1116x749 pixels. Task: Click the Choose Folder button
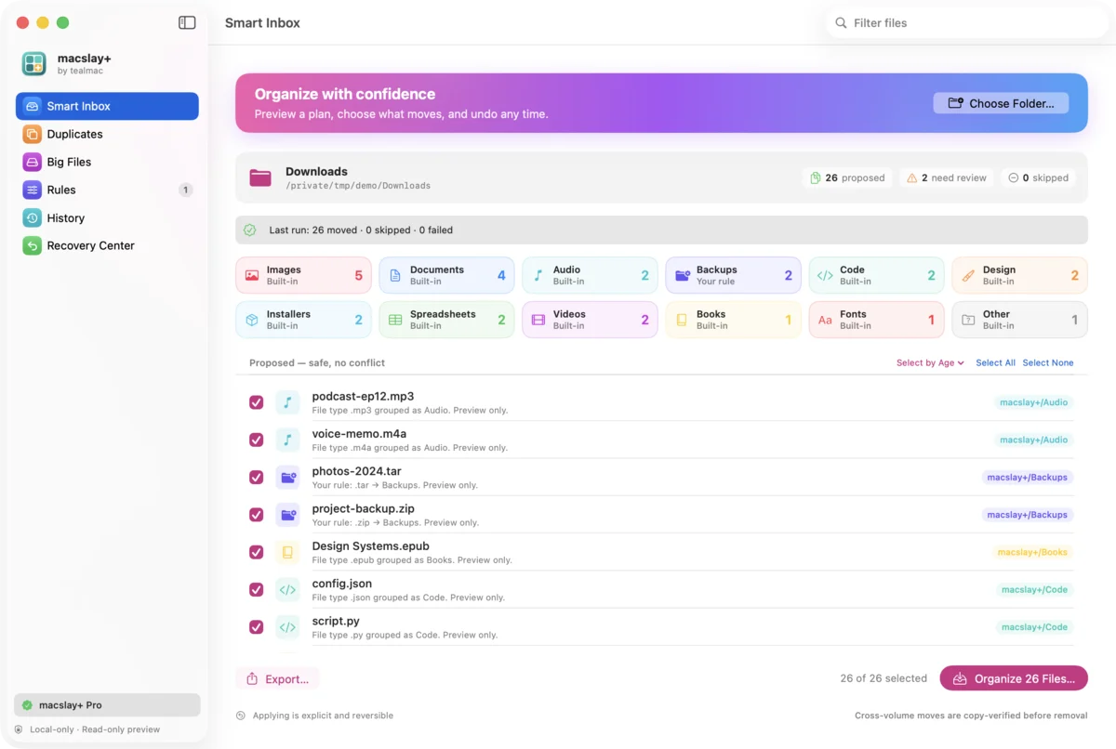coord(1001,103)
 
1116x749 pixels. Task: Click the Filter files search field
coord(966,23)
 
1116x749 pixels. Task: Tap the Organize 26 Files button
coord(1014,678)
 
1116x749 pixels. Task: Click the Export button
coord(277,678)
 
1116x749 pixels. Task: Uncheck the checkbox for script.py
coord(256,627)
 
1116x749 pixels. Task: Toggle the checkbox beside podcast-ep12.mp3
coord(256,402)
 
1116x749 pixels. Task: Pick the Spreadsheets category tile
coord(446,320)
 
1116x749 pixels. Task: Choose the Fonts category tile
coord(876,320)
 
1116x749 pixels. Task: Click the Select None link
coord(1048,362)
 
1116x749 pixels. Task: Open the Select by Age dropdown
coord(930,362)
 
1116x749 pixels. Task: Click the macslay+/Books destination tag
coord(1032,552)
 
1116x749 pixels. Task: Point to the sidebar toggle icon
coord(187,22)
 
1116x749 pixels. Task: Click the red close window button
coord(22,22)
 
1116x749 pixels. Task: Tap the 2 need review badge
coord(946,177)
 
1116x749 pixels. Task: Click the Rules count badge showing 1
coord(185,190)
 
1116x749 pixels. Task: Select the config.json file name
coord(342,584)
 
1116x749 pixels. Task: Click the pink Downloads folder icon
coord(260,177)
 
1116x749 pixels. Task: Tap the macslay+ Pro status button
coord(107,704)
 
